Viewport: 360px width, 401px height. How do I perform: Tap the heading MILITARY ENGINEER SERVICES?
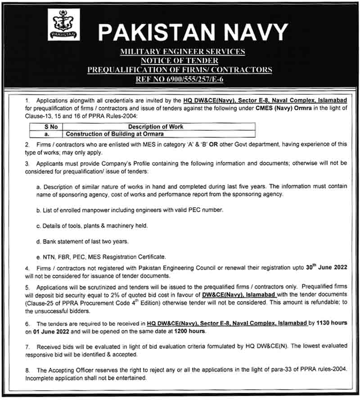point(182,52)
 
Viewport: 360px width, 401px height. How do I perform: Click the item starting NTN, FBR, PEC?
point(101,257)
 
